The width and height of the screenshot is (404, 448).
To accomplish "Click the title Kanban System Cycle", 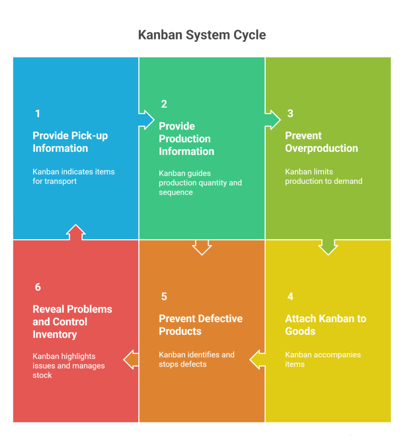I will [202, 35].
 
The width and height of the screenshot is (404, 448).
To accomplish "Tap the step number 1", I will [38, 114].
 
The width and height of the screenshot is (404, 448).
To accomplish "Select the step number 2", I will [164, 104].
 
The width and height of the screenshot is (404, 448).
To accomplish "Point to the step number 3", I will [290, 114].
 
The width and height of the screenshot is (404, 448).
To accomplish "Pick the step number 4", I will [290, 297].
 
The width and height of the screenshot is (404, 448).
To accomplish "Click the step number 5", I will [164, 297].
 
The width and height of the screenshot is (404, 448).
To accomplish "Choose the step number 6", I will [38, 287].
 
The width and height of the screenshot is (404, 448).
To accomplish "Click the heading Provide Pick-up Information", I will [70, 142].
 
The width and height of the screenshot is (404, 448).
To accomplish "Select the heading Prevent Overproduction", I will [321, 142].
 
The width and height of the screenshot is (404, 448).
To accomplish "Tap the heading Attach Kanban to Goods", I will [325, 325].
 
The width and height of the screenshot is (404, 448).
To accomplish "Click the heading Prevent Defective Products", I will [200, 325].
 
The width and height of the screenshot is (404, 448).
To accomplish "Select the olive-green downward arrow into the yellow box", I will [328, 247].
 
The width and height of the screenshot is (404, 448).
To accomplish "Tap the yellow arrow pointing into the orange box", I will [257, 360].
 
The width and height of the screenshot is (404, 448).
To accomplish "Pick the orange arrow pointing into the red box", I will [131, 360].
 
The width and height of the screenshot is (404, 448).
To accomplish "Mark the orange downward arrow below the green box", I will [202, 247].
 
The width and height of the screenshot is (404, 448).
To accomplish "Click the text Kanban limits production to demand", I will [323, 176].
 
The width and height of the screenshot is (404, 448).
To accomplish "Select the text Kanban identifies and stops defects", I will [197, 359].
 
